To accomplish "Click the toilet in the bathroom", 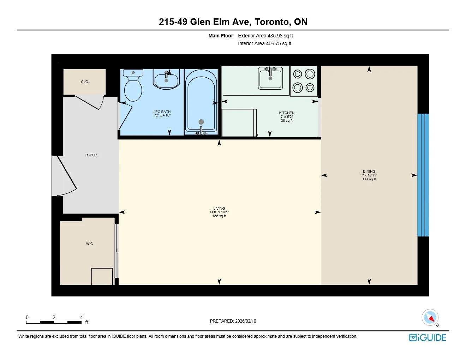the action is click(x=133, y=85).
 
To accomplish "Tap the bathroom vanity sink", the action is click(x=166, y=79).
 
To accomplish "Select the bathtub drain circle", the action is click(x=201, y=122).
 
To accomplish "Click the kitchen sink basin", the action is click(x=270, y=78).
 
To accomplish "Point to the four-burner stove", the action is click(x=304, y=81).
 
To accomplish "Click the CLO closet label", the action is click(x=84, y=82).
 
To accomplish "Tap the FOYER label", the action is click(x=91, y=155).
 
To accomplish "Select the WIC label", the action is click(x=89, y=244).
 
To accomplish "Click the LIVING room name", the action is click(x=219, y=208).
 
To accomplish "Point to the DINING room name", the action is click(x=369, y=171).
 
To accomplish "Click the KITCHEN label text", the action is click(x=287, y=113).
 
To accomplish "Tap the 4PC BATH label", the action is click(x=162, y=112).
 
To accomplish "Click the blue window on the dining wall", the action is click(x=423, y=175).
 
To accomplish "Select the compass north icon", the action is click(x=430, y=318).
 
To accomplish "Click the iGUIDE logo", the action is click(x=428, y=337).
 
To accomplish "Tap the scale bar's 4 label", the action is click(x=82, y=317).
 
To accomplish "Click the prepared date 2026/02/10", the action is click(x=246, y=321).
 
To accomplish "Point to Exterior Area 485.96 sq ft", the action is click(x=265, y=36).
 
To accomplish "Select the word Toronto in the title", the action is click(x=272, y=22).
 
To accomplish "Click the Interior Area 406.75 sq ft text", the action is click(x=265, y=43).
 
